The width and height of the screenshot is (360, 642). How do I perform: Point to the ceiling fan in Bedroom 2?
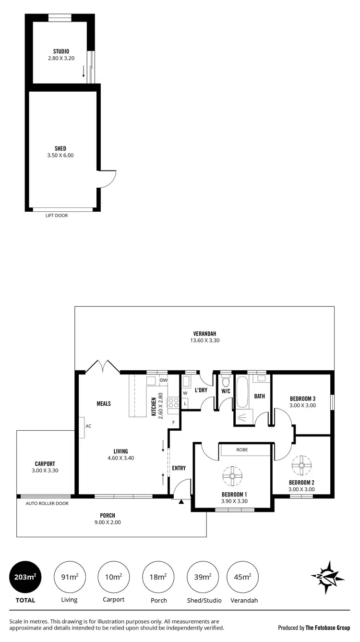click(302, 464)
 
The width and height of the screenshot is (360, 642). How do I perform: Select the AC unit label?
click(88, 426)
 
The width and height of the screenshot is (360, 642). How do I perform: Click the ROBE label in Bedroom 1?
click(241, 450)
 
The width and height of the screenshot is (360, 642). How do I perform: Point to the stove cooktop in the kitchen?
click(173, 403)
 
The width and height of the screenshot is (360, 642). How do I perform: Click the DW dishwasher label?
click(163, 380)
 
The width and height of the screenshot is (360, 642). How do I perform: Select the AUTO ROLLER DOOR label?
click(47, 503)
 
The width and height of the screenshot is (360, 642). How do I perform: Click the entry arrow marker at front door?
click(181, 502)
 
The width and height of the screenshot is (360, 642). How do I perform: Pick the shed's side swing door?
click(107, 179)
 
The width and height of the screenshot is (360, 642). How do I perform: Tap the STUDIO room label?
click(61, 51)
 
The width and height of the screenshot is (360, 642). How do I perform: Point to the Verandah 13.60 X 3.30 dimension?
click(204, 340)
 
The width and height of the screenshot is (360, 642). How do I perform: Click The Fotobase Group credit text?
click(327, 627)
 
